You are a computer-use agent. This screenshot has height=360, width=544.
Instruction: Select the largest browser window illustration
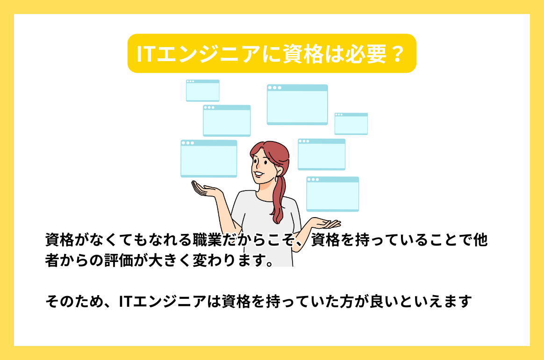tap(297, 105)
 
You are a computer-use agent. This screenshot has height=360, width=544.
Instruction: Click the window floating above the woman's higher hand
tap(209, 159)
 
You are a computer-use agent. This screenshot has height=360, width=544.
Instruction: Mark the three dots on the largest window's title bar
tap(274, 88)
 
